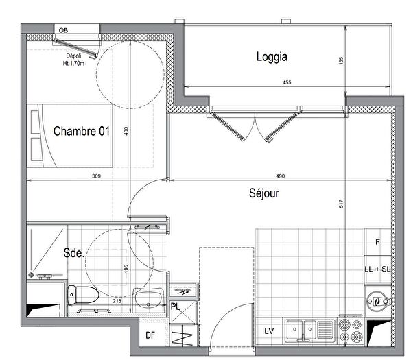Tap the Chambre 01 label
coord(82,132)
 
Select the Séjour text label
coord(264,193)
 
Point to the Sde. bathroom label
coord(74,253)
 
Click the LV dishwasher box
coord(269,331)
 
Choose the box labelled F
coord(377,242)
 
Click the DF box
coord(150,335)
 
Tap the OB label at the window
coord(63,30)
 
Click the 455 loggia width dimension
coord(287,83)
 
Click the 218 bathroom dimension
coord(117,300)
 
